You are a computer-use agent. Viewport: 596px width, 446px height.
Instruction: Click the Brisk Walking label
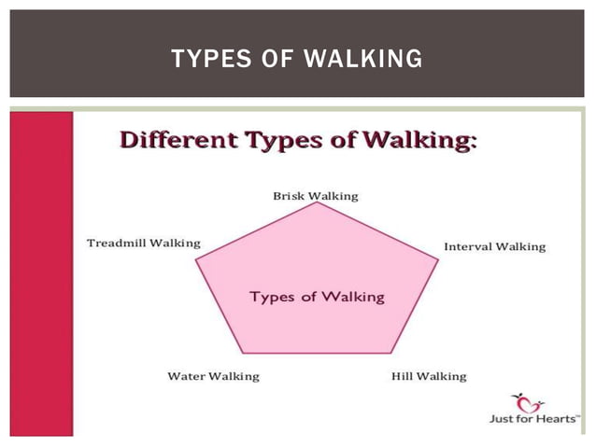click(315, 196)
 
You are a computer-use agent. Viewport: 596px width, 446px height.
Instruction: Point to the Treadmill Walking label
click(144, 244)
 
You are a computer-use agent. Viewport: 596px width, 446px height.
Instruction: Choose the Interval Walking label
click(494, 247)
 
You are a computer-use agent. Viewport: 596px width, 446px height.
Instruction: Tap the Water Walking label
click(213, 377)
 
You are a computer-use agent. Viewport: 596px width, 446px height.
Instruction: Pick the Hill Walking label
click(429, 377)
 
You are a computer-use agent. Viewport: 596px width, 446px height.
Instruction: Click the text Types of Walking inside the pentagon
click(317, 298)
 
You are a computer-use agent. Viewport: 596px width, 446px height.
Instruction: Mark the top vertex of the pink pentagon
click(317, 203)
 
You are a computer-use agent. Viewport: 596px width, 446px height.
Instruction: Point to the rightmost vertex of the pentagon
click(438, 261)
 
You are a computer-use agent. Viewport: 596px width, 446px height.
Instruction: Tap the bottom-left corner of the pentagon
click(243, 353)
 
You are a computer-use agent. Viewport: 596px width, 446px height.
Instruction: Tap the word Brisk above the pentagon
click(288, 196)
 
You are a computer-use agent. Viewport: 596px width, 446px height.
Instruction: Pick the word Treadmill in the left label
click(118, 244)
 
